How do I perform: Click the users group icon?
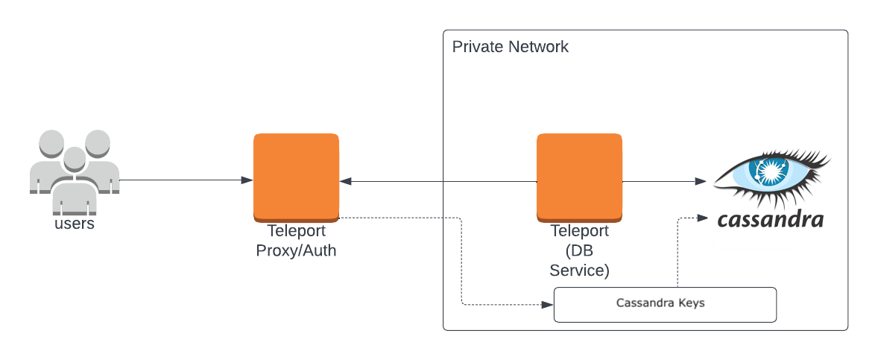click(74, 170)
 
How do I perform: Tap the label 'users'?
click(75, 223)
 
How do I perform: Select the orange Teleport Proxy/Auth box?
click(296, 176)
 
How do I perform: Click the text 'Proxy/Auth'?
click(296, 250)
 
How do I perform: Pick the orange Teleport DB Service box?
click(579, 176)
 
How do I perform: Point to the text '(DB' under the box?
click(579, 250)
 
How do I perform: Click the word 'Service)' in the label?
click(579, 270)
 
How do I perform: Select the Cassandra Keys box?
click(665, 304)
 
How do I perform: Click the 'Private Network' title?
click(510, 47)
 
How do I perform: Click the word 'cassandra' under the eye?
click(770, 219)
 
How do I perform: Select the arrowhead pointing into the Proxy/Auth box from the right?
click(346, 181)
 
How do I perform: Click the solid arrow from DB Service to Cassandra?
click(663, 181)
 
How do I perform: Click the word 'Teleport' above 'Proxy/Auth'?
click(296, 231)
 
